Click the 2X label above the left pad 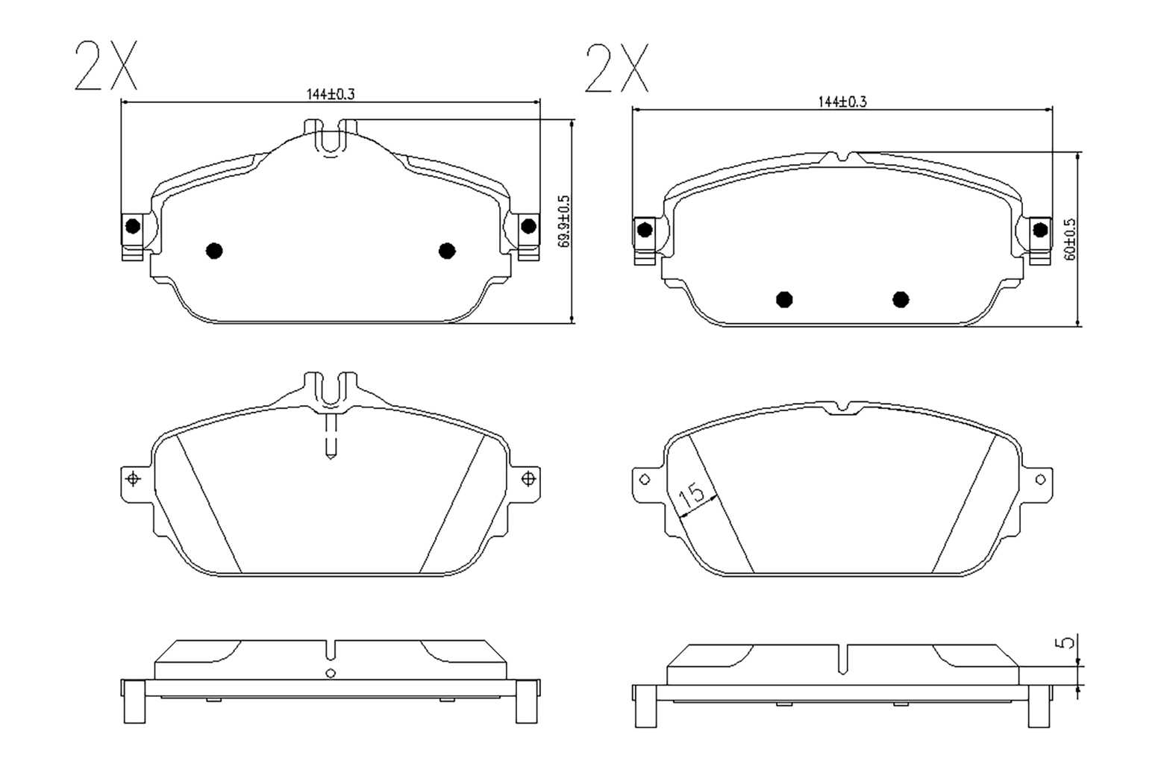[x=107, y=66]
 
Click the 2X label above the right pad [x=617, y=68]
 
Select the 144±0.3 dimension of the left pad [x=331, y=95]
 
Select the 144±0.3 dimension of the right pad [x=842, y=102]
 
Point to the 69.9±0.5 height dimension [x=564, y=221]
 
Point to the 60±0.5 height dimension [x=1070, y=240]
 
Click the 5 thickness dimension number [x=1066, y=643]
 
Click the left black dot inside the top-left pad [x=214, y=251]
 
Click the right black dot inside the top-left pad [x=447, y=251]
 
